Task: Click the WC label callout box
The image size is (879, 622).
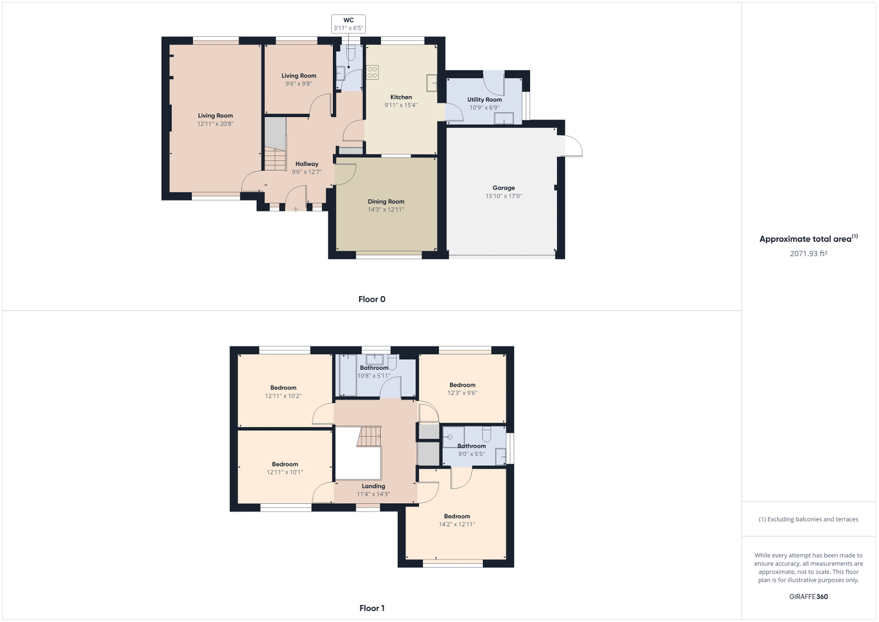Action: [348, 24]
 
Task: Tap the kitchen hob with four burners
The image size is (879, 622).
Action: [372, 72]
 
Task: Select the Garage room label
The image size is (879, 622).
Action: [503, 188]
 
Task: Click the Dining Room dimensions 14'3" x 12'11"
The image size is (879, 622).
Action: [386, 209]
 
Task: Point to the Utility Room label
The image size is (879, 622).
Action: [484, 99]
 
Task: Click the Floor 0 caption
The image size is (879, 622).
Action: [371, 299]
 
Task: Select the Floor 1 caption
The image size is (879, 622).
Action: [371, 608]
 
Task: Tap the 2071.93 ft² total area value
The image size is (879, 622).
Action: [808, 254]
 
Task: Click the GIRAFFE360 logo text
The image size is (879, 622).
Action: [808, 597]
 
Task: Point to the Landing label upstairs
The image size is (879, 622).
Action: [373, 486]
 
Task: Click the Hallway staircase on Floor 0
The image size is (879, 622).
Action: [275, 159]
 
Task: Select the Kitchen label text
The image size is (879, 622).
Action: [401, 97]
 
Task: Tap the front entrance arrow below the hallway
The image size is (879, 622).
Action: [296, 208]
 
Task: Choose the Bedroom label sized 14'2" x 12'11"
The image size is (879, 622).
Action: [457, 517]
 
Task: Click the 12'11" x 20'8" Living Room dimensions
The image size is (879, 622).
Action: [215, 124]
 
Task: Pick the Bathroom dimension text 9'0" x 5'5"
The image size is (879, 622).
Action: [471, 454]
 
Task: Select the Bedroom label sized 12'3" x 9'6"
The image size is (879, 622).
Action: [462, 385]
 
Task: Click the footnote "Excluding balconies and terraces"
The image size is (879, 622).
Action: [808, 519]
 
